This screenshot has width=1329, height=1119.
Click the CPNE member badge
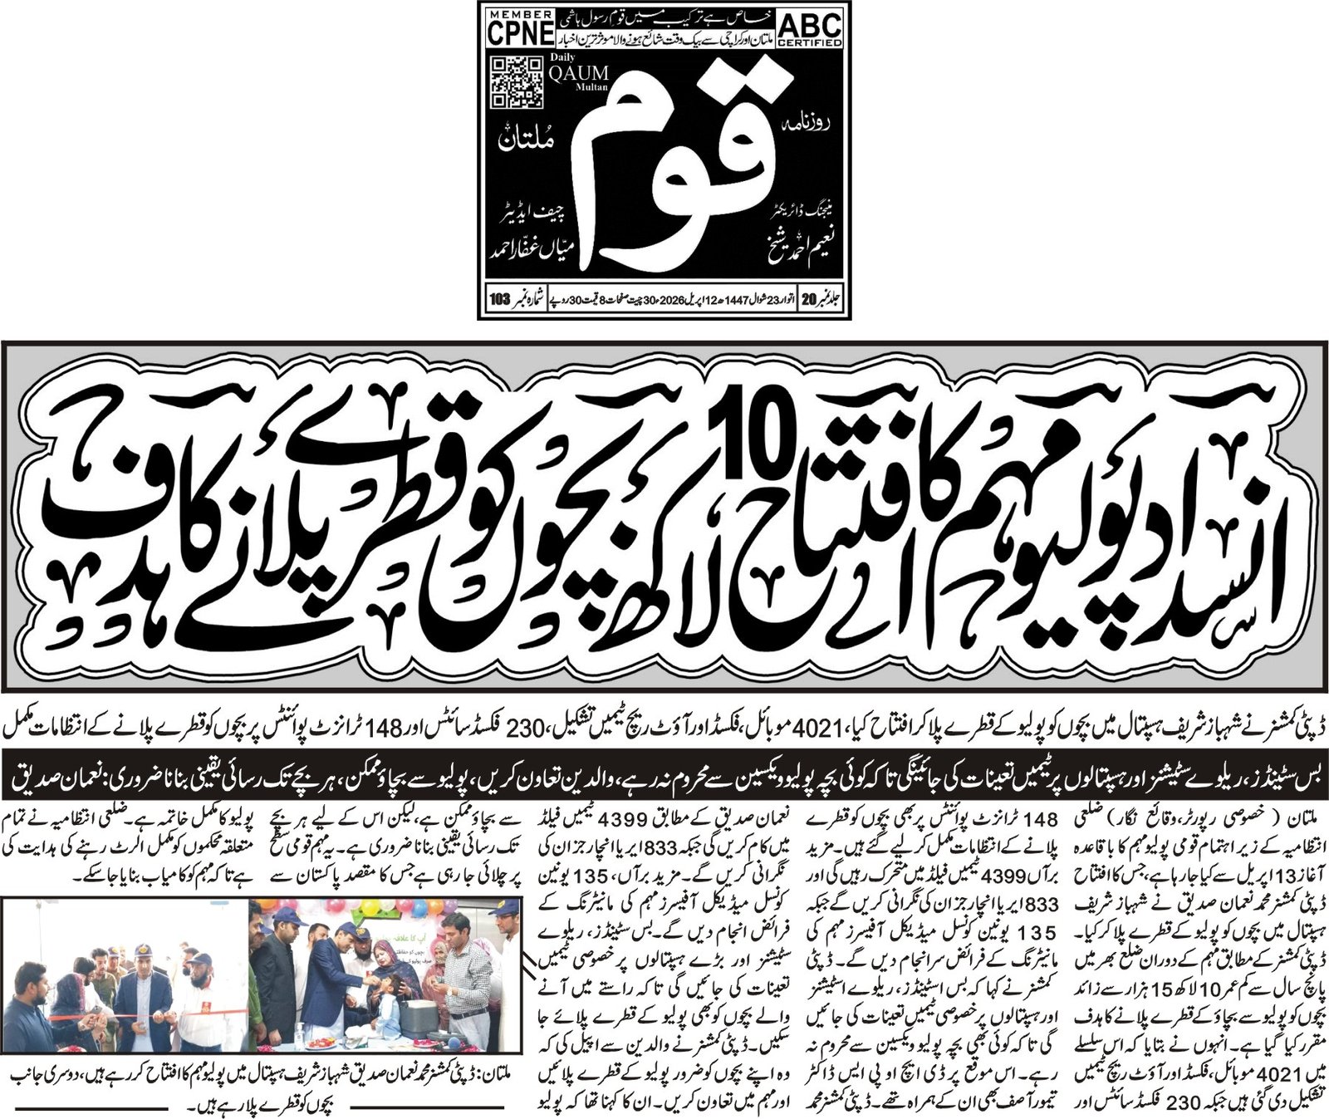pyautogui.click(x=520, y=29)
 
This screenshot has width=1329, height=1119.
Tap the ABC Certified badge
pyautogui.click(x=811, y=27)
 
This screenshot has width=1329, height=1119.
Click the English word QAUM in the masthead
pyautogui.click(x=579, y=73)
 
